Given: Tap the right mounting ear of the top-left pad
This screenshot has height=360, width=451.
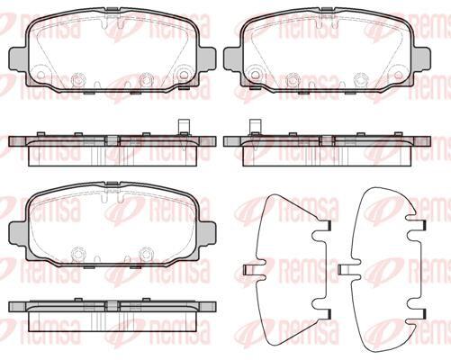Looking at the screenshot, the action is [x=206, y=59].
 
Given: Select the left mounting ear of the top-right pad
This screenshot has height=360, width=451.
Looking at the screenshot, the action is [x=233, y=59].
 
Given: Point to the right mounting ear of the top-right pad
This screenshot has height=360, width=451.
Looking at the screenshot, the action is [x=421, y=59].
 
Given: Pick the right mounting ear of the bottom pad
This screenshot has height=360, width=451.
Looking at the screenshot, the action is [x=206, y=233].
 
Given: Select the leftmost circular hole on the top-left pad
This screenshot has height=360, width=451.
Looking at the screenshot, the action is [x=41, y=75].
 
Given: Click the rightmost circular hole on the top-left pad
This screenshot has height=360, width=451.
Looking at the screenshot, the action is [x=183, y=75].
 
